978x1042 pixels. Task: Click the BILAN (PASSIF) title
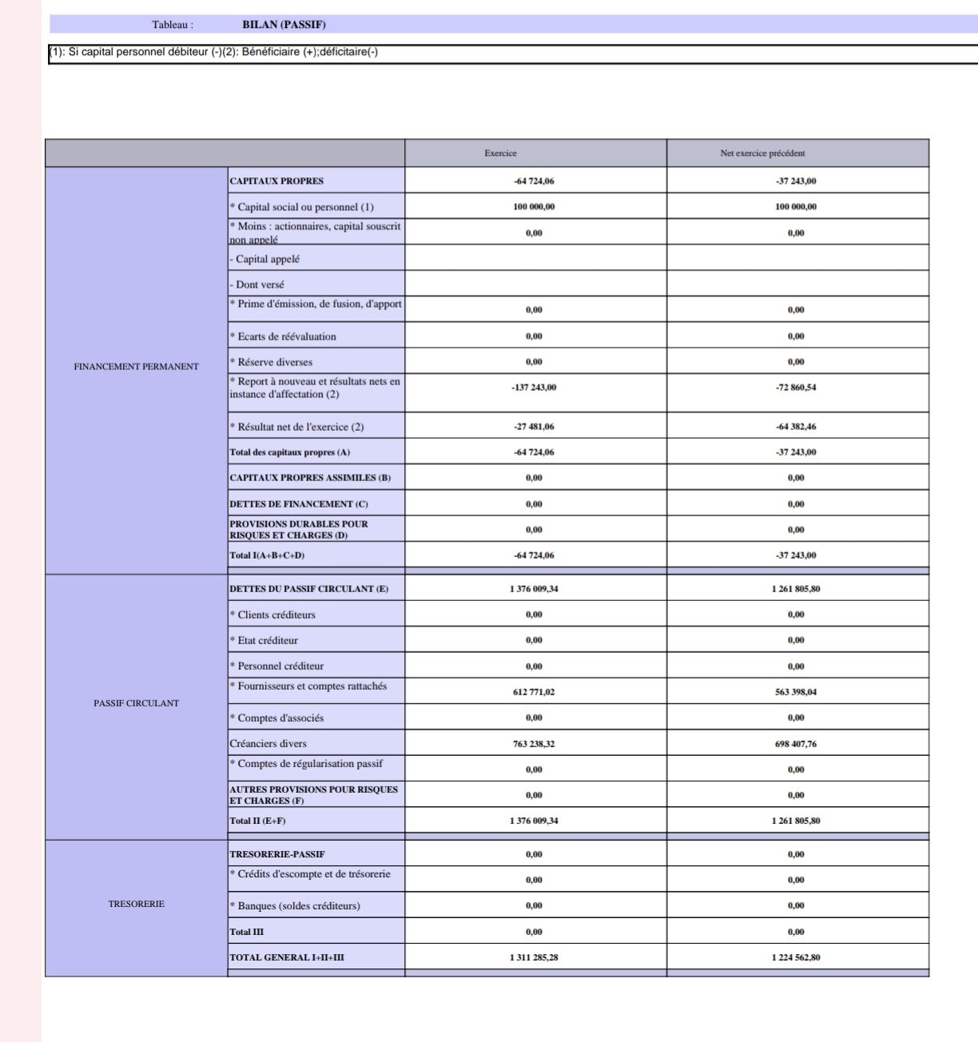[x=284, y=25]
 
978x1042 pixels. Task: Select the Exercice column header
[x=500, y=153]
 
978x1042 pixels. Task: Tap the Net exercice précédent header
[x=762, y=153]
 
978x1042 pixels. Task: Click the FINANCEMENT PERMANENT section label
[x=136, y=367]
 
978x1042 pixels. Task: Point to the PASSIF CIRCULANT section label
[x=136, y=703]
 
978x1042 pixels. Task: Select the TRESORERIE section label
[x=136, y=904]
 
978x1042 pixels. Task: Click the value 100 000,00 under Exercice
[x=534, y=207]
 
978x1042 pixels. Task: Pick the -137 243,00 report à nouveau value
[x=534, y=388]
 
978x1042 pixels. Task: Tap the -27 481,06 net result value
[x=534, y=427]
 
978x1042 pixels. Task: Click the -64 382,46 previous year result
[x=796, y=427]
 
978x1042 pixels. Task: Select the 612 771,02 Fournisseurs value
[x=534, y=692]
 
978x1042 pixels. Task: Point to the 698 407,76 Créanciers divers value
[x=796, y=744]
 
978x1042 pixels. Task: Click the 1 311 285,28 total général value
[x=534, y=957]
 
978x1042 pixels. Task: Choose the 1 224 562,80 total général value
[x=796, y=957]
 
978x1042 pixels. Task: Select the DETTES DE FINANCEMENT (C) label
[x=299, y=504]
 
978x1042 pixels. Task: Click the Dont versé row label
[x=259, y=284]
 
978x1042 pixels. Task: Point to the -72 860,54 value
[x=796, y=388]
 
